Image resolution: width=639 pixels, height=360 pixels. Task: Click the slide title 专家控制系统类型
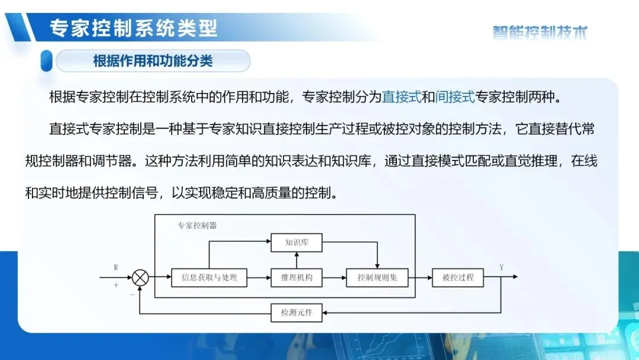click(134, 28)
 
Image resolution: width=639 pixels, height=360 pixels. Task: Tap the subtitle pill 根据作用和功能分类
click(153, 61)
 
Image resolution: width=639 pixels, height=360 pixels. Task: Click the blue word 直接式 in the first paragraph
click(401, 97)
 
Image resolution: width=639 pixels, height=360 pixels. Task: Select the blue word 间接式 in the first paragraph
click(455, 97)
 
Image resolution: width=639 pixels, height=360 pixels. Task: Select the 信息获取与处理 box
click(209, 277)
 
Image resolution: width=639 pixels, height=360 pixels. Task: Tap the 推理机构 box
click(296, 277)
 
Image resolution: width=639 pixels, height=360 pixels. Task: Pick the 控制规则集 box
click(377, 277)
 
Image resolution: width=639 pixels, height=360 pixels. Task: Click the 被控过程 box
click(457, 277)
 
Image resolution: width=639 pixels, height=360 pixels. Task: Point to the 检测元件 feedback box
click(296, 312)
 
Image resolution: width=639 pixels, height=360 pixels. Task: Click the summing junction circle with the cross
click(140, 277)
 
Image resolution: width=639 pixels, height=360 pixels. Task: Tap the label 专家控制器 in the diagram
click(197, 225)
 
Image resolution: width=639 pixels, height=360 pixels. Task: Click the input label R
click(116, 268)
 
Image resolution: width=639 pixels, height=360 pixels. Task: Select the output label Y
click(502, 268)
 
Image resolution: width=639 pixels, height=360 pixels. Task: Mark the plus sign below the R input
click(116, 285)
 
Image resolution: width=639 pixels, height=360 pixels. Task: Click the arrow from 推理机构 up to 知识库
click(296, 259)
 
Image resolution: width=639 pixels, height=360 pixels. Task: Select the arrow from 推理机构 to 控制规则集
click(334, 277)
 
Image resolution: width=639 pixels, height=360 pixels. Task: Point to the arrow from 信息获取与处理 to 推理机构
click(259, 277)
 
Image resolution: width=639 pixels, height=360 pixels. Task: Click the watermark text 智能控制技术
click(540, 33)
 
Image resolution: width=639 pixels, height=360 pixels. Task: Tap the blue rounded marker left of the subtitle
click(46, 61)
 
